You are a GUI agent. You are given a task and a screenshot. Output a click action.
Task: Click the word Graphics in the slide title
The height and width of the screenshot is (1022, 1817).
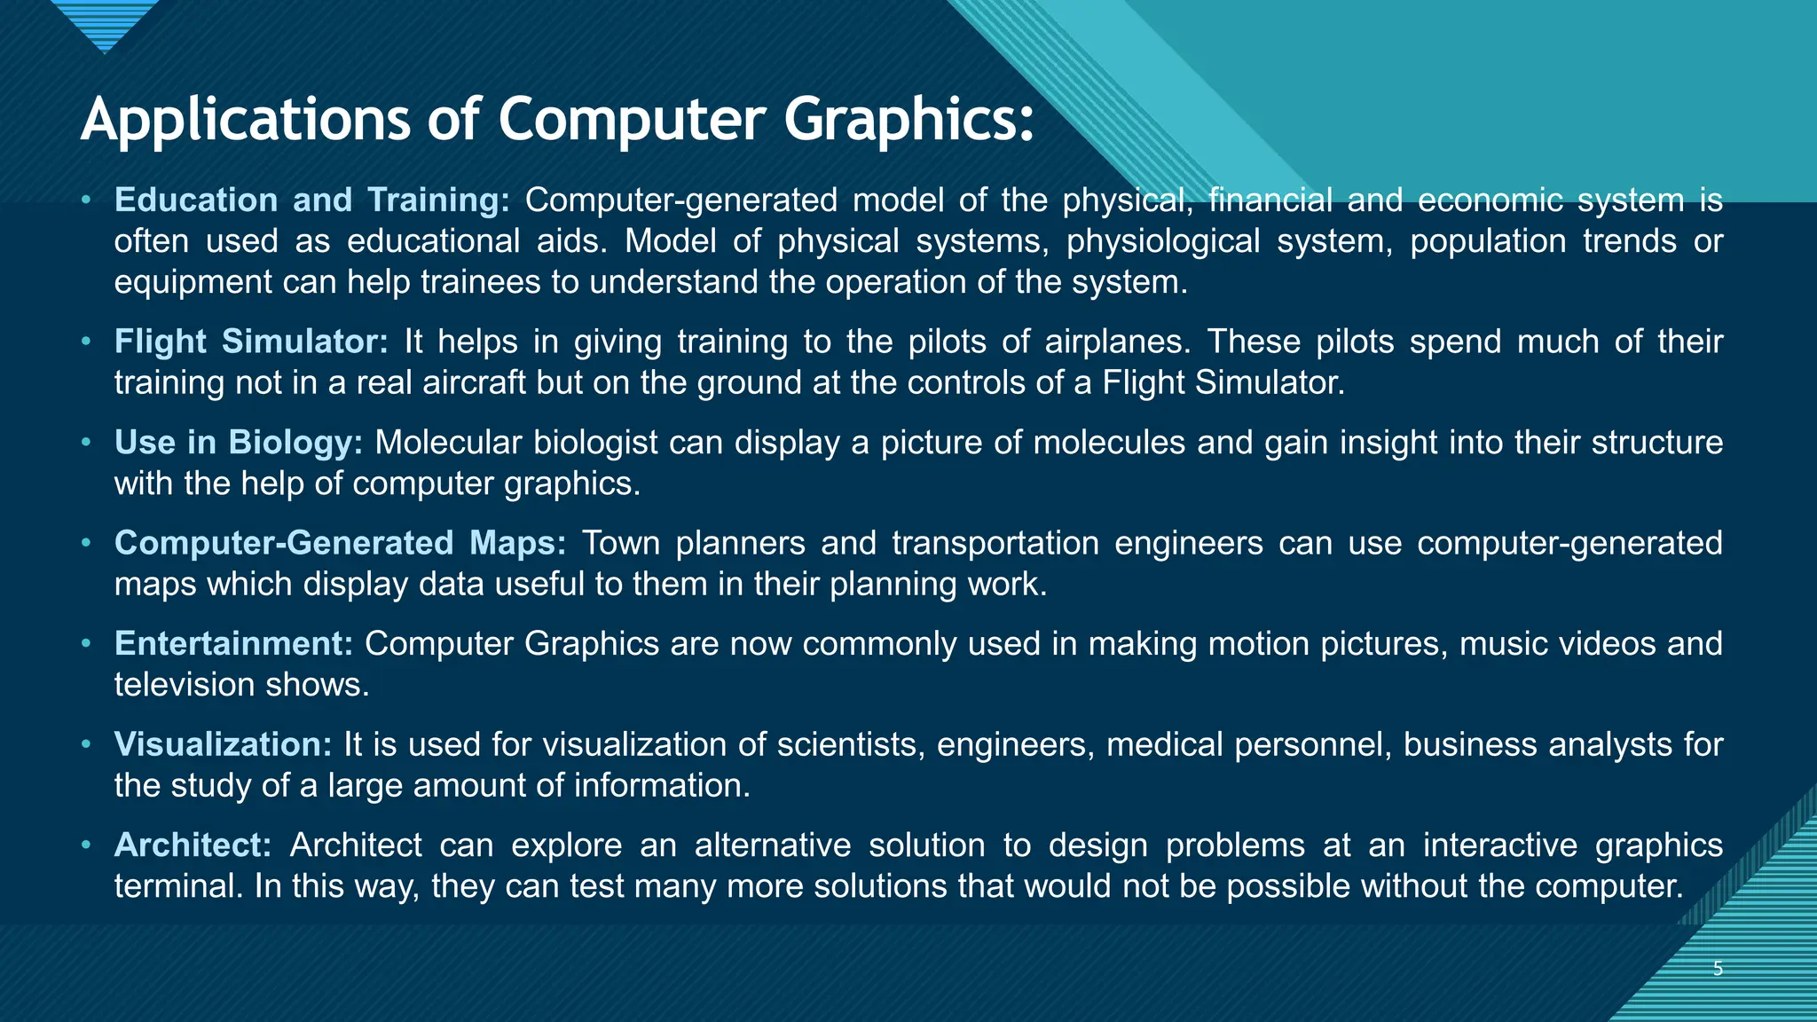[x=908, y=120]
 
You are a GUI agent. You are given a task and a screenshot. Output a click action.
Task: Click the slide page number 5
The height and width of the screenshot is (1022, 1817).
[x=1718, y=969]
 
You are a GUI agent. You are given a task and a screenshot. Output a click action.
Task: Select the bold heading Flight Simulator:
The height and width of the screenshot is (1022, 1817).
[x=251, y=342]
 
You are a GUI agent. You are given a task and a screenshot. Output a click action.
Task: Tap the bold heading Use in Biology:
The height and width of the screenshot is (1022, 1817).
[x=238, y=442]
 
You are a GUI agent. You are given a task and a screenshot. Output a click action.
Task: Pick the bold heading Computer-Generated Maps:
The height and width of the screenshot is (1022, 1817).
[x=340, y=543]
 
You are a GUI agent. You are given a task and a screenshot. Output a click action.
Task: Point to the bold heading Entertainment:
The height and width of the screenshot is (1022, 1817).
[x=233, y=643]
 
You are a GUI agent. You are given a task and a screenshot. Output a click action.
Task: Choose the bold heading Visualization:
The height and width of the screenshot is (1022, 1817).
[x=223, y=744]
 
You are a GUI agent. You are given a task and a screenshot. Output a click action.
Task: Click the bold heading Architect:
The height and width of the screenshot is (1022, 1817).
[x=193, y=845]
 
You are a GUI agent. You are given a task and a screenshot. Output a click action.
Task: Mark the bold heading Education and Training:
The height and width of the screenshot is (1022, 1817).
[x=311, y=200]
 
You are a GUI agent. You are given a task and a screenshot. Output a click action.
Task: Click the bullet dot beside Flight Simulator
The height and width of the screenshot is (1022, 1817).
[x=86, y=342]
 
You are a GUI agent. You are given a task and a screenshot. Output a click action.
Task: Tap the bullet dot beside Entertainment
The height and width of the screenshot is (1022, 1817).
[x=86, y=643]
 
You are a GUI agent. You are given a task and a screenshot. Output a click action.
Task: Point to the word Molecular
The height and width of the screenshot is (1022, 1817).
[x=448, y=442]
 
